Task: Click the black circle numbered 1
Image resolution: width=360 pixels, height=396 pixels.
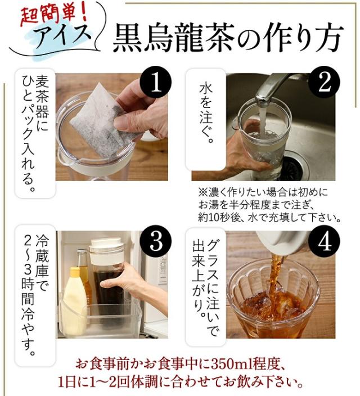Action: coord(156,84)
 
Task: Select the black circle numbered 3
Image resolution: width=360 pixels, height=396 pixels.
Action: coord(156,242)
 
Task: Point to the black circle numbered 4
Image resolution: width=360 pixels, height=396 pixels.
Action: coord(325,242)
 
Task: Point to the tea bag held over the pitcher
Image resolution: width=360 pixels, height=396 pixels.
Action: coord(103,121)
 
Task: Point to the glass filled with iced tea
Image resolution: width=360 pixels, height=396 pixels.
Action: coord(273,298)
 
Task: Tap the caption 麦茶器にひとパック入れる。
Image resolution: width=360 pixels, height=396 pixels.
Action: coord(35,133)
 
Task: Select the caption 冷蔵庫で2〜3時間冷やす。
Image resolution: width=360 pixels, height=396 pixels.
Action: coord(35,295)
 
